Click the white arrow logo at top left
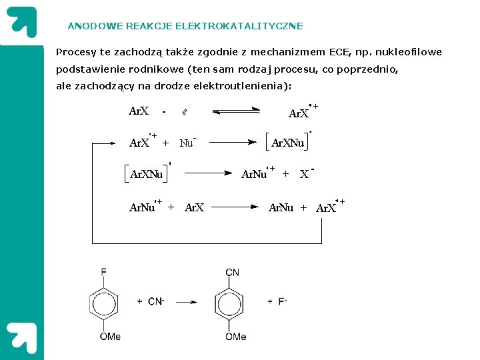point(20,20)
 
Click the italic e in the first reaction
point(184,112)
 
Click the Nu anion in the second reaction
point(187,143)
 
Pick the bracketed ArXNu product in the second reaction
point(289,143)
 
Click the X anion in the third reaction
point(305,174)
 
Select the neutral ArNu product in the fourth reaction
point(281,207)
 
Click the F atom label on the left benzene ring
point(103,272)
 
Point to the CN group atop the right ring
point(233,272)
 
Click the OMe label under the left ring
point(110,337)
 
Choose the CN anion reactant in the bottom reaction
point(155,301)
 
